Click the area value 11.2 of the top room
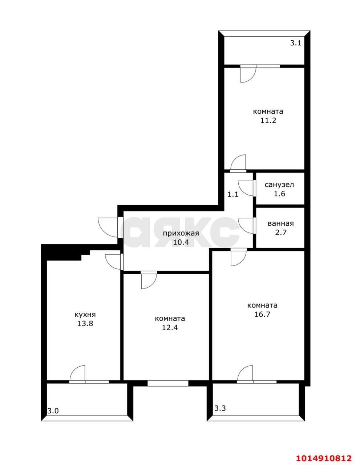(268, 121)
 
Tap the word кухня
(85, 315)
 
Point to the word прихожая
(181, 233)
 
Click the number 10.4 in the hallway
(181, 242)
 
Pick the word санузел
(279, 185)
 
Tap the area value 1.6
(279, 194)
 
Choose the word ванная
(280, 223)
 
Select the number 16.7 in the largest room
(262, 314)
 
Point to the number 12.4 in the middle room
(170, 327)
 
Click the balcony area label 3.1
(295, 43)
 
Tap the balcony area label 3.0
(53, 411)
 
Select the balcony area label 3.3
(220, 408)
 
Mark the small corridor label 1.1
(233, 194)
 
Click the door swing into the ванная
(247, 225)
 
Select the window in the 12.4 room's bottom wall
(168, 383)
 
